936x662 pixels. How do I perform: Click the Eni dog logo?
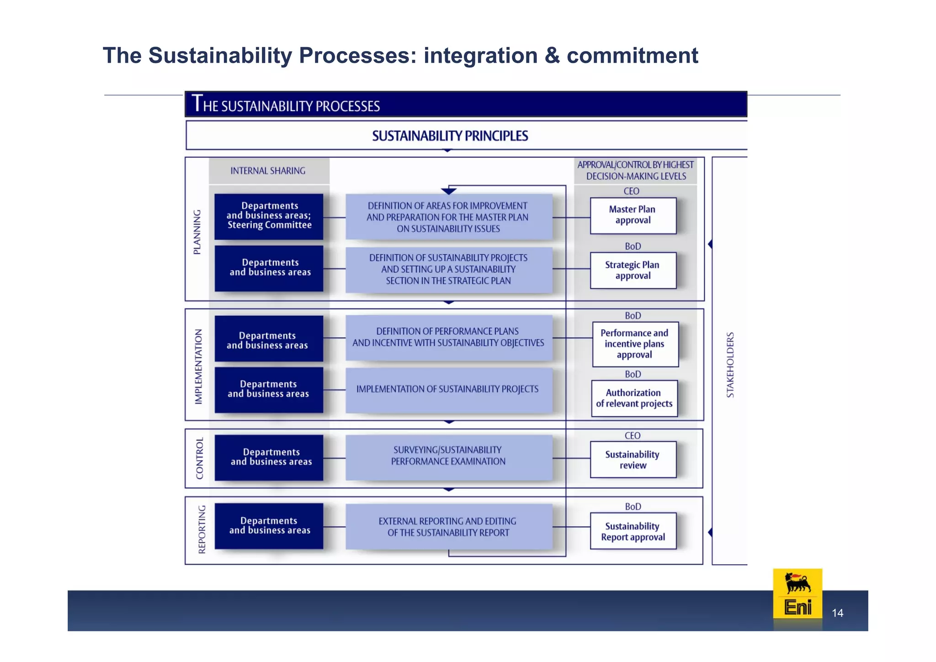(x=798, y=593)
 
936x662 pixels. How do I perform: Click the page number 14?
(x=837, y=613)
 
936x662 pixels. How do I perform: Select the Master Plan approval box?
(x=633, y=215)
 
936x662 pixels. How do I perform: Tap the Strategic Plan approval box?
(x=633, y=270)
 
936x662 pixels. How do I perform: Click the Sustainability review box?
(x=633, y=459)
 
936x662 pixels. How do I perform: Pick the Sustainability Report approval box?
(x=633, y=531)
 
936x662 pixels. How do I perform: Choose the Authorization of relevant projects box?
(x=634, y=398)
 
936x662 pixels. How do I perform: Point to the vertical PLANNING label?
(x=197, y=232)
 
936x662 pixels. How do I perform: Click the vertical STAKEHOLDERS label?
(x=730, y=364)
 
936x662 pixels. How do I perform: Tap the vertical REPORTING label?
(x=202, y=529)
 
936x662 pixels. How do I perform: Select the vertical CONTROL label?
(x=200, y=458)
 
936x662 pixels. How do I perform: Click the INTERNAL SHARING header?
(x=268, y=171)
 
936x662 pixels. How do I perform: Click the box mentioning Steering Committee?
(x=269, y=216)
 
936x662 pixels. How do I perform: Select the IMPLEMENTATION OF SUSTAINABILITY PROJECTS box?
(x=448, y=390)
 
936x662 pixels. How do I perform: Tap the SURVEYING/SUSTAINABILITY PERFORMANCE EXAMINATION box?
(x=448, y=456)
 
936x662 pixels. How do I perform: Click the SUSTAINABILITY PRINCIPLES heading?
(x=450, y=136)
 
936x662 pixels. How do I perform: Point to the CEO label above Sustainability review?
(x=633, y=436)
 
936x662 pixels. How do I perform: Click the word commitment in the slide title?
(x=632, y=56)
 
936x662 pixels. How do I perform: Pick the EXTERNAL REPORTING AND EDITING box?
(x=448, y=527)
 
